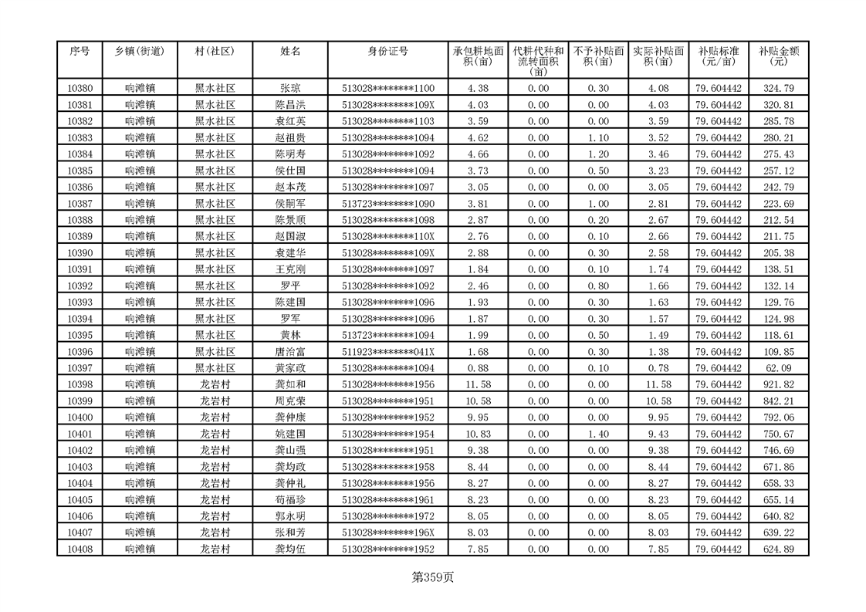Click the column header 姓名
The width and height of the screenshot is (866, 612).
coord(290,51)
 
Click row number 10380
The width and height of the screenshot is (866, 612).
coord(79,89)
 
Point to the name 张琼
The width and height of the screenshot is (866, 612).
coord(290,89)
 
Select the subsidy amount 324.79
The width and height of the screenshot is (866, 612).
coord(778,89)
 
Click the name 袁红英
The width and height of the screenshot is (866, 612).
coord(290,121)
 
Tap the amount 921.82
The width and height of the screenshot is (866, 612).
coord(778,384)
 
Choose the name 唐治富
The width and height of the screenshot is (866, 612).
coord(290,352)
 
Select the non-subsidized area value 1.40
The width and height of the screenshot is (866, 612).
coord(598,434)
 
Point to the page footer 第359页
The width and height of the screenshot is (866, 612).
coord(433,576)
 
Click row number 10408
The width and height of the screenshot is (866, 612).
coord(79,549)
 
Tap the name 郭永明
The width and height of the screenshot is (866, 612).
coord(290,516)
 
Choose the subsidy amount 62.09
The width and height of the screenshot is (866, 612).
coord(778,368)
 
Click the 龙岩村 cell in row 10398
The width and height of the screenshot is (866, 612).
coord(215,384)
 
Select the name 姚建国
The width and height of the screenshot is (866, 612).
coord(290,434)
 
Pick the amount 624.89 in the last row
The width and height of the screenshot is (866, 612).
coord(778,549)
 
